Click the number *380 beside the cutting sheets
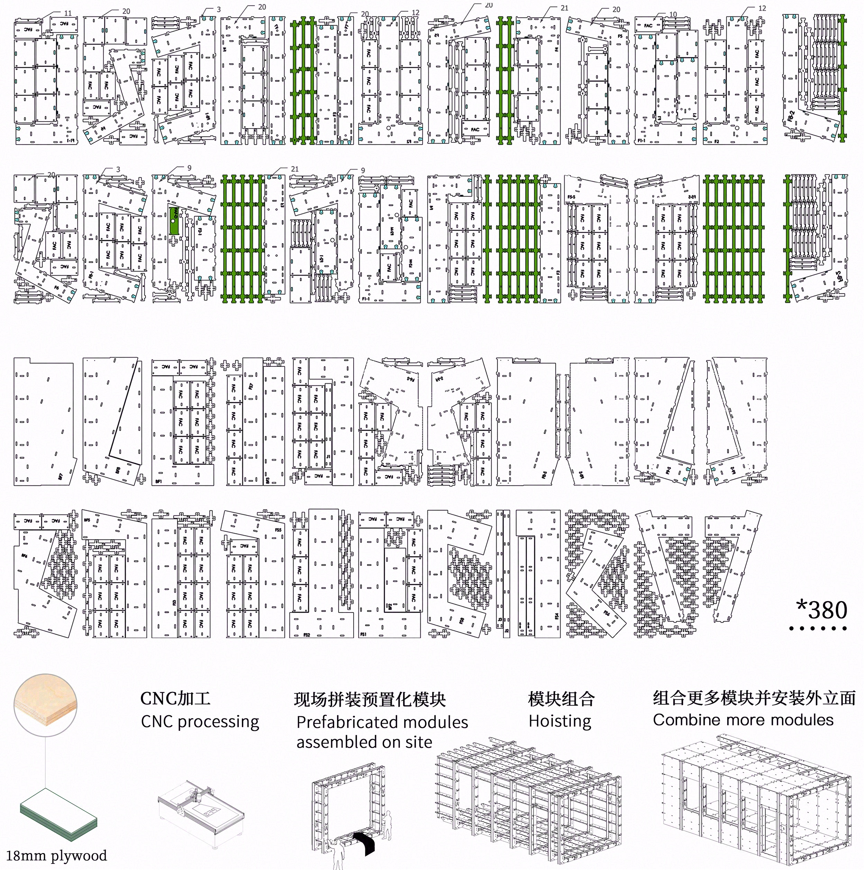click(821, 610)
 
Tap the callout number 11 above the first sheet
click(68, 13)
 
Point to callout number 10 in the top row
click(673, 15)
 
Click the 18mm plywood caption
click(56, 855)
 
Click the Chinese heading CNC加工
click(176, 698)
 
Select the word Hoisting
click(560, 721)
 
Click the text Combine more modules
click(743, 719)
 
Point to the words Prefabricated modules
click(382, 722)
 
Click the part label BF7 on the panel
click(60, 476)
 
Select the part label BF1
click(158, 481)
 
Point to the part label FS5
click(278, 530)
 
